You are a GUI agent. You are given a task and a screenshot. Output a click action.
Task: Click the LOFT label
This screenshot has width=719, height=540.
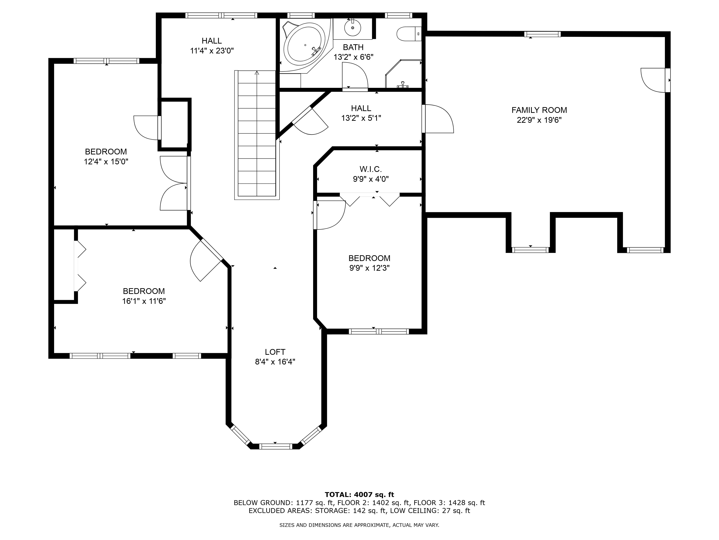(275, 352)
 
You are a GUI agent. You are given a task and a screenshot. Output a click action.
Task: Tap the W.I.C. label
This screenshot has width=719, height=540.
(370, 169)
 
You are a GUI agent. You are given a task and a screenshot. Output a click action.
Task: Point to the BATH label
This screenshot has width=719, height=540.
(353, 47)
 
